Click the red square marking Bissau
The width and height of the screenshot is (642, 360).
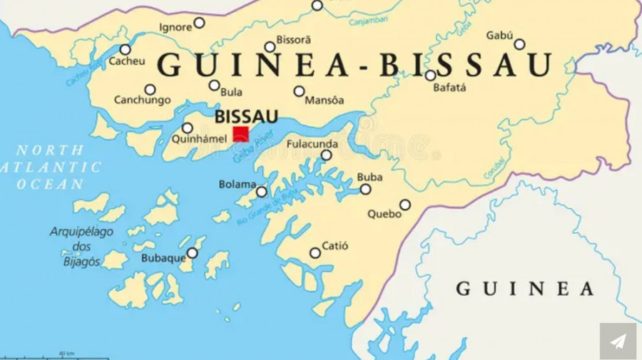coord(241,134)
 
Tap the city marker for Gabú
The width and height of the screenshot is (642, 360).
coord(519,44)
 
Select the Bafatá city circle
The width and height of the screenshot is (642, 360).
coord(430,75)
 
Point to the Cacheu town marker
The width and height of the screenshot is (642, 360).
coord(125,49)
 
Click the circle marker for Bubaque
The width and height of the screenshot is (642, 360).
coord(192,253)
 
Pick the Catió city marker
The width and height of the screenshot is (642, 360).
coord(315,253)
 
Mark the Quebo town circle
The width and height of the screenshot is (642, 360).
coord(404,205)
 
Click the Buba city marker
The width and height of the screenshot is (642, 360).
coord(365,189)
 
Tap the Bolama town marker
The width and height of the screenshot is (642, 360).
coord(261,191)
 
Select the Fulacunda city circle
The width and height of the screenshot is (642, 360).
coord(326,155)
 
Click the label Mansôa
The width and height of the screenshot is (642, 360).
coord(324,101)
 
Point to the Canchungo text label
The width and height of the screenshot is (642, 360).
coord(142,101)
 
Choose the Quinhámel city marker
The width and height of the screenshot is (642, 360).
coord(187,128)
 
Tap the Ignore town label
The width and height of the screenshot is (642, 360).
coord(175,27)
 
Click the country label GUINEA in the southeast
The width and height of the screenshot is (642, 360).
coord(524,289)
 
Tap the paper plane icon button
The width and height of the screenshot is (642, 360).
coord(618,341)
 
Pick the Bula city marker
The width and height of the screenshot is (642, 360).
coord(214,85)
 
